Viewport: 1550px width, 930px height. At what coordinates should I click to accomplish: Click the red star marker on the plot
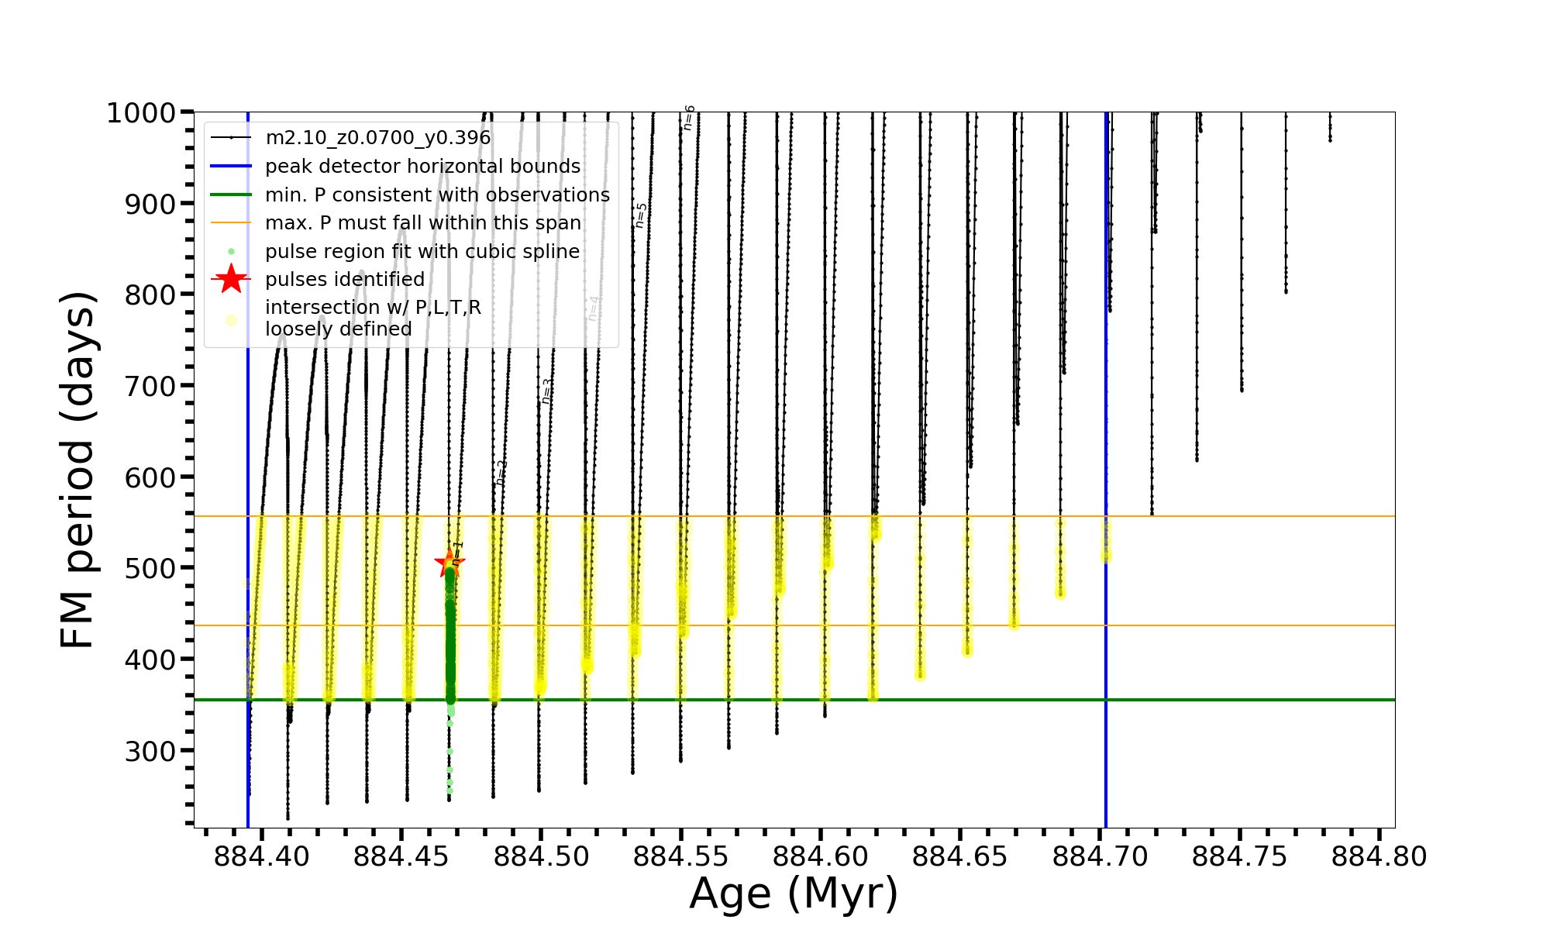tap(449, 563)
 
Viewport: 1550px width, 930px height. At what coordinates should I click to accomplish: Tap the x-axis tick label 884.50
tap(541, 856)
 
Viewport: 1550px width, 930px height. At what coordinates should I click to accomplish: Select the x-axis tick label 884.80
tap(1379, 856)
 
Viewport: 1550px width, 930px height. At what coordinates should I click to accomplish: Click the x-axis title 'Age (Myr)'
tap(794, 894)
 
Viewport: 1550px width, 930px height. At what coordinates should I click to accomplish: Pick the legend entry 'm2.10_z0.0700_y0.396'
tap(377, 138)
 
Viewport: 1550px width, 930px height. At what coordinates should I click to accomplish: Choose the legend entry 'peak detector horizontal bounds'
tap(422, 167)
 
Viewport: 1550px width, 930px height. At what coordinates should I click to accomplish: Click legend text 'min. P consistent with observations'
tap(437, 195)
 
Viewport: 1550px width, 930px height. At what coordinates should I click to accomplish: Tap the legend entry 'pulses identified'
tap(345, 279)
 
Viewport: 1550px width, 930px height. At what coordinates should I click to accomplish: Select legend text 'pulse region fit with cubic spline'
tap(422, 252)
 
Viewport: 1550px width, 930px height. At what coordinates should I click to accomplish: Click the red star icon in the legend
tap(231, 279)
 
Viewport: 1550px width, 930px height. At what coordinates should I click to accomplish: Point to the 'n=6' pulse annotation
tap(688, 118)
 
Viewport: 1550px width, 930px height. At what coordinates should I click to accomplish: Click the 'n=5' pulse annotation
tap(640, 215)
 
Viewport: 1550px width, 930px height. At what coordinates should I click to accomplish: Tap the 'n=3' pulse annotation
tap(547, 391)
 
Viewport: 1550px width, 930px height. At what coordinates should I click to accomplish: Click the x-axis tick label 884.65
tap(959, 856)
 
